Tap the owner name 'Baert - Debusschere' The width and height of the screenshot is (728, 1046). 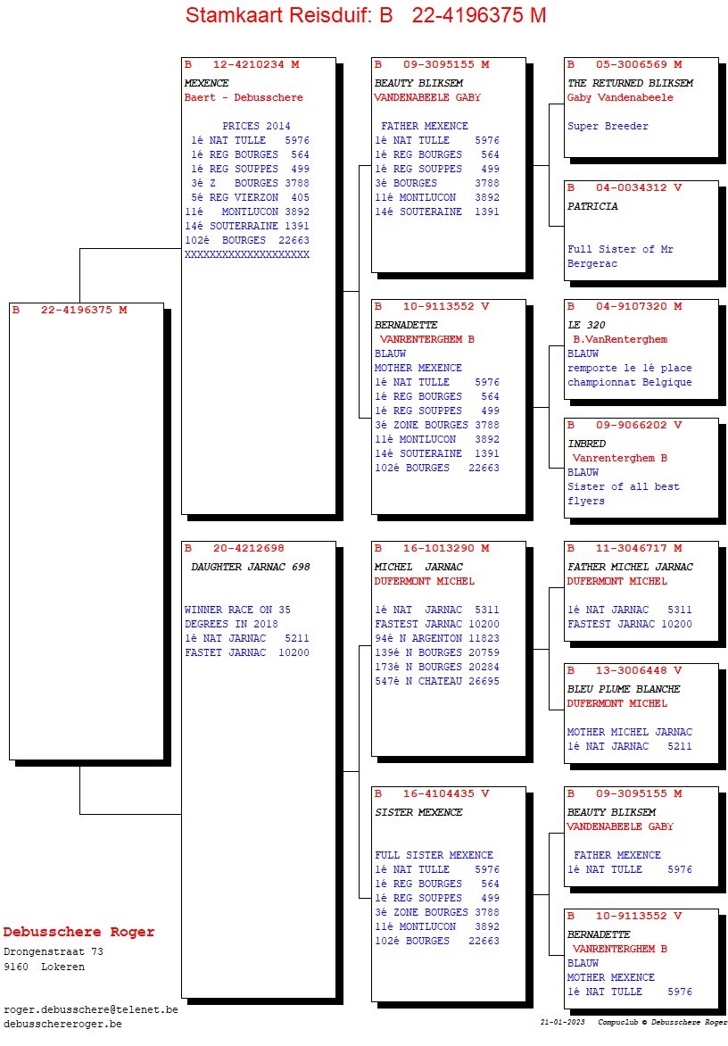tap(244, 97)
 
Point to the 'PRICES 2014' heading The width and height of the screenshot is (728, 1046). tap(256, 126)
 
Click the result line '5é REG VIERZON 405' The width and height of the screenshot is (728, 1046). tap(248, 197)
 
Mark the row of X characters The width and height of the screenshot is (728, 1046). tap(247, 254)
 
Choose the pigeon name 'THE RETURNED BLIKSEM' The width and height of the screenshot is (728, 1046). tap(630, 83)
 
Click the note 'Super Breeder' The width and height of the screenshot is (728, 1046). tap(608, 126)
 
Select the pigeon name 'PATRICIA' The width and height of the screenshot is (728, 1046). tap(592, 206)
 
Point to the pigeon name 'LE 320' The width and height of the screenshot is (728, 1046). tap(586, 325)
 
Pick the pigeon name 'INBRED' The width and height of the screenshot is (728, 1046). tap(586, 444)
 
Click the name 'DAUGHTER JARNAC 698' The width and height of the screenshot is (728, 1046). tap(251, 567)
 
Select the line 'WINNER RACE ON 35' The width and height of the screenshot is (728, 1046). tap(237, 610)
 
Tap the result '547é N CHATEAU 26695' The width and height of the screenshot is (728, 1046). tap(437, 681)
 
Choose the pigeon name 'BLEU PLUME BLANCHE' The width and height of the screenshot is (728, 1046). tap(624, 689)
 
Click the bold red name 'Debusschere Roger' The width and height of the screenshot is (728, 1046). tap(79, 932)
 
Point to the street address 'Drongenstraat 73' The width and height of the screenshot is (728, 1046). tap(54, 951)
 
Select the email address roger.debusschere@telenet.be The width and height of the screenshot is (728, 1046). tap(91, 1009)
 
